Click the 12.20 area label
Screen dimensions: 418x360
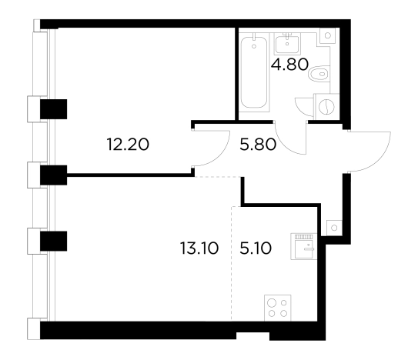pyautogui.click(x=128, y=145)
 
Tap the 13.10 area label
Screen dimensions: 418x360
pyautogui.click(x=199, y=248)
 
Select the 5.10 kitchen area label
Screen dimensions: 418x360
pyautogui.click(x=256, y=248)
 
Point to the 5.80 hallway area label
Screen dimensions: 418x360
pyautogui.click(x=258, y=145)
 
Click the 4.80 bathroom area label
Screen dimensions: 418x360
pyautogui.click(x=289, y=65)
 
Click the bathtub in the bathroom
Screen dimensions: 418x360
pyautogui.click(x=254, y=72)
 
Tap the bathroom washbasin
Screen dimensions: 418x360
pyautogui.click(x=287, y=44)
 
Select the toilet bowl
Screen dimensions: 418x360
pyautogui.click(x=319, y=73)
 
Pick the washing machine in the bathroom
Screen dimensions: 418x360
pyautogui.click(x=327, y=107)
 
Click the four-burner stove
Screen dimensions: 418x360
pyautogui.click(x=277, y=308)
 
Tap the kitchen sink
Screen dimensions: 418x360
pyautogui.click(x=304, y=246)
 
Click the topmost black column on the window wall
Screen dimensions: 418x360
pyautogui.click(x=54, y=109)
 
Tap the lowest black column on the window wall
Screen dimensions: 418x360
pyautogui.click(x=54, y=241)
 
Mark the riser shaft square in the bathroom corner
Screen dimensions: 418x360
pyautogui.click(x=328, y=35)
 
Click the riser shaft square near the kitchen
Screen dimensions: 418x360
pyautogui.click(x=334, y=228)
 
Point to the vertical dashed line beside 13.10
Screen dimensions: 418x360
pyautogui.click(x=232, y=263)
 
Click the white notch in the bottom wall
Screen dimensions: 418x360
pyautogui.click(x=252, y=336)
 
